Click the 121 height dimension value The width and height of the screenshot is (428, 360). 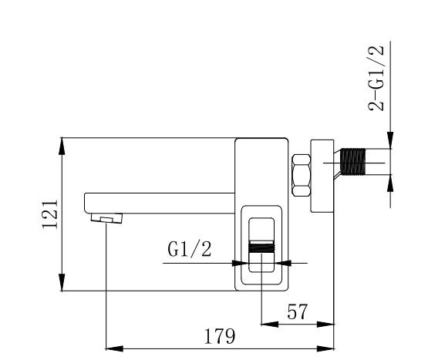pos(50,214)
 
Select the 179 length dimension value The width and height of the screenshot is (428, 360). pos(220,336)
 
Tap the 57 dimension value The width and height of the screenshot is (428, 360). pos(297,311)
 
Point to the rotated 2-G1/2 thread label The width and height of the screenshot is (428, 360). pos(376,79)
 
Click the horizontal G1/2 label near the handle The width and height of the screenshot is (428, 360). pos(190,249)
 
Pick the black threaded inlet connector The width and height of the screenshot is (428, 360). pos(352,162)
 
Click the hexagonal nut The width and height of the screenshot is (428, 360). pos(302,175)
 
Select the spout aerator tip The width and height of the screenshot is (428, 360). pos(106,218)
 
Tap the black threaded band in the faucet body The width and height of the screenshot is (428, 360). pos(261,247)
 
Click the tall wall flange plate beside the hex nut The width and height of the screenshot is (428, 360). pos(322,176)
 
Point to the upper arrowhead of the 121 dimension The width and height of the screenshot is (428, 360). pos(62,146)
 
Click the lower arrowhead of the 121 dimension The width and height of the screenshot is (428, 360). pos(62,282)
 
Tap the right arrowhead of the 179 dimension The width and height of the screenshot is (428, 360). pos(325,348)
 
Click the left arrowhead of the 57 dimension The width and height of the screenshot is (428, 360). pos(270,325)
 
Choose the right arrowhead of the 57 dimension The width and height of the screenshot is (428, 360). pos(325,325)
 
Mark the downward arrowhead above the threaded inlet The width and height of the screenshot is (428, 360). pos(390,140)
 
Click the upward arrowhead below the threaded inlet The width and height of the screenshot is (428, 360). pos(390,183)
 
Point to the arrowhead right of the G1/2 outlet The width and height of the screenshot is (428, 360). pos(283,263)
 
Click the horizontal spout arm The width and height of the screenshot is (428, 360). pos(160,203)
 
